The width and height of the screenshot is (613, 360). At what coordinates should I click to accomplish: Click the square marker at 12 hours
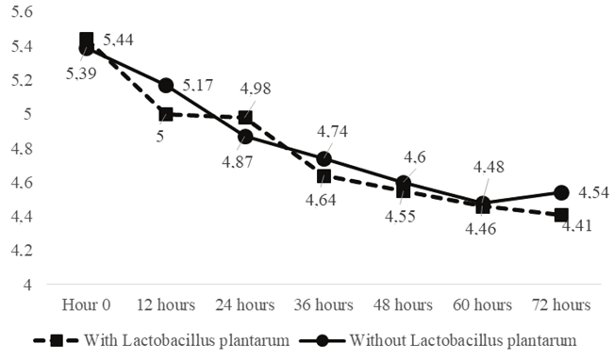click(166, 114)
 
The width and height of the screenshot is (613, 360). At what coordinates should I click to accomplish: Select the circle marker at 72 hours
click(561, 192)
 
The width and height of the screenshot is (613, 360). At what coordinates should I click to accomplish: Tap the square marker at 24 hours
click(245, 118)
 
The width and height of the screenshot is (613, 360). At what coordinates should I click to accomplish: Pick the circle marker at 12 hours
click(166, 86)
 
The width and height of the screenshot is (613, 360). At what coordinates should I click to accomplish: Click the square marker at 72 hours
click(561, 215)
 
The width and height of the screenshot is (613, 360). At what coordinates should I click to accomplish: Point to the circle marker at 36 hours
click(324, 158)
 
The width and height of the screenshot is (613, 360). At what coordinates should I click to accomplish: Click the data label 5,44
click(119, 39)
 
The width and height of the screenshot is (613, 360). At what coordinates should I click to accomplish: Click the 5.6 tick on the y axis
click(21, 12)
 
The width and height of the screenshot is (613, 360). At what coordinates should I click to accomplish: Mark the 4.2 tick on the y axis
click(21, 250)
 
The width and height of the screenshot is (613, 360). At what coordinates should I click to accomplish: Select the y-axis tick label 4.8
click(21, 148)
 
